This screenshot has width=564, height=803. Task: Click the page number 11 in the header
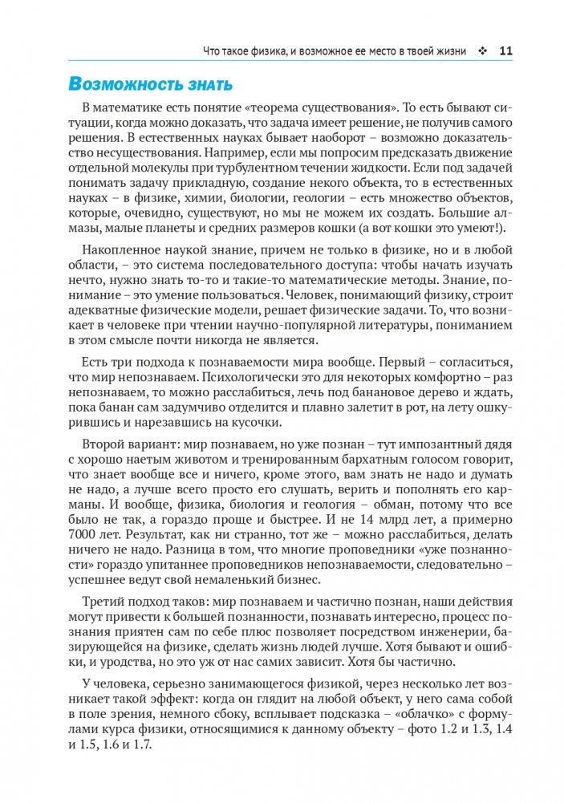(x=505, y=51)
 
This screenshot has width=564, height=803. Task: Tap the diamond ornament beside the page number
(x=482, y=51)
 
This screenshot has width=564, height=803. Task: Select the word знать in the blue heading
(x=204, y=84)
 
